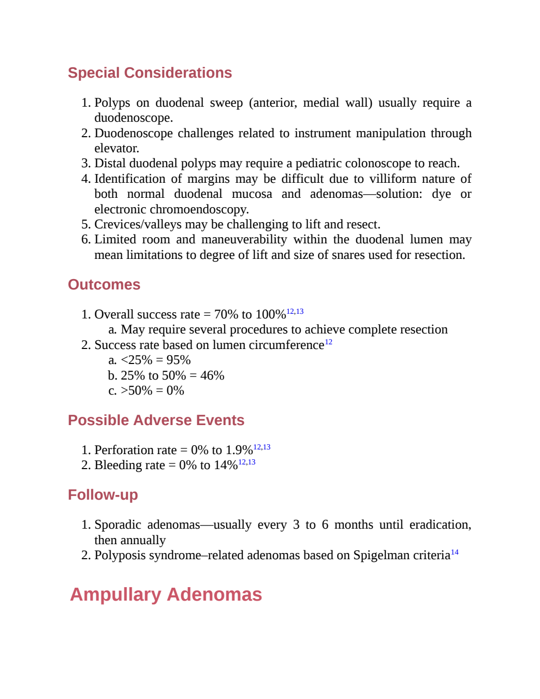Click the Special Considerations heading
coord(150,72)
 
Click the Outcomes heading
coord(104,284)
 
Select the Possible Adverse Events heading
coord(156,420)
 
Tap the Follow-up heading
coord(103,494)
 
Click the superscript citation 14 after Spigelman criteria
coord(455,552)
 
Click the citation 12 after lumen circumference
coord(328,342)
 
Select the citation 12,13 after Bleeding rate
coord(246,462)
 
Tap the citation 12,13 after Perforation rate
coord(262,447)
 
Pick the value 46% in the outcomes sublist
coord(212,375)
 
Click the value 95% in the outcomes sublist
coord(179,360)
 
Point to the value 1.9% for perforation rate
coord(239,450)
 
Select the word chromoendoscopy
coord(199,209)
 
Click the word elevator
coord(116,148)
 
